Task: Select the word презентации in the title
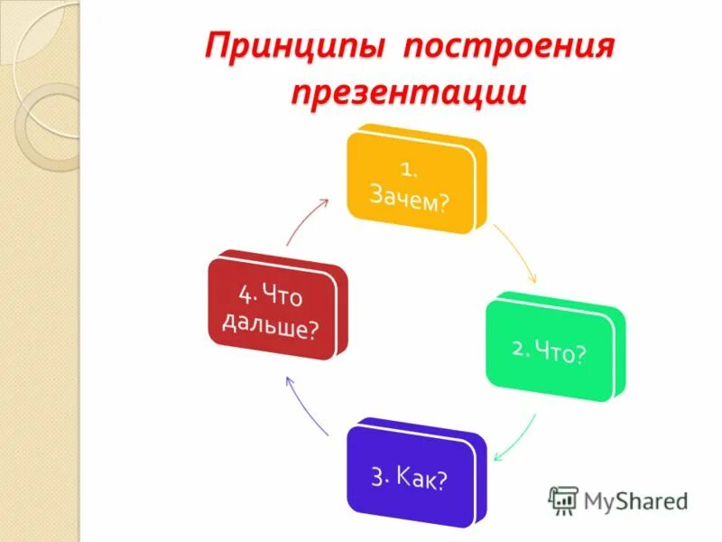[408, 93]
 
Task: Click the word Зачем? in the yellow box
[411, 200]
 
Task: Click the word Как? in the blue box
[421, 478]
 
